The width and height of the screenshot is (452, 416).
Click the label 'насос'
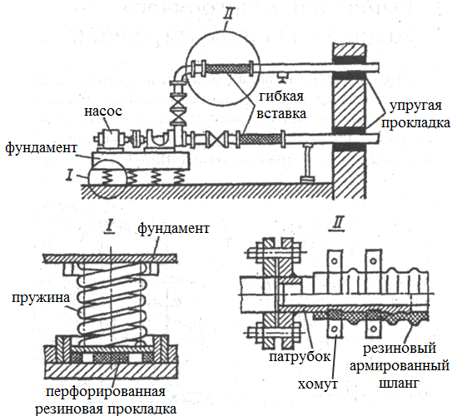point(103,111)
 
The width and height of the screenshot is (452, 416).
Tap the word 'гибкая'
point(281,97)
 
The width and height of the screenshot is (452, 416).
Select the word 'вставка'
point(281,113)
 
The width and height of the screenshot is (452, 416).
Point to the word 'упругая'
point(415,106)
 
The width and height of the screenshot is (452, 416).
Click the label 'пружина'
point(41,298)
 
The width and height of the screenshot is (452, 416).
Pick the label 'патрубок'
point(300,357)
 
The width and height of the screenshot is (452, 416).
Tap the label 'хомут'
point(317,384)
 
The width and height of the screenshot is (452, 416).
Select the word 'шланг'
point(399,384)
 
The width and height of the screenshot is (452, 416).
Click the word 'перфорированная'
point(106,393)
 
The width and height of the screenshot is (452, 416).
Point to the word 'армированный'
point(400,367)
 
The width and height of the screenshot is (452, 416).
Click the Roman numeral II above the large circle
point(229,13)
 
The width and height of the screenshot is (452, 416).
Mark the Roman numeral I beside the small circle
point(69,175)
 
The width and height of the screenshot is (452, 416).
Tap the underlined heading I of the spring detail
point(110,228)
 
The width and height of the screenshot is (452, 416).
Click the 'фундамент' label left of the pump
point(42,148)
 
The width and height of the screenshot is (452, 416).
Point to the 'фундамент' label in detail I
point(173,229)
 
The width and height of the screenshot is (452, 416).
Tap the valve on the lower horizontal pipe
point(218,140)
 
